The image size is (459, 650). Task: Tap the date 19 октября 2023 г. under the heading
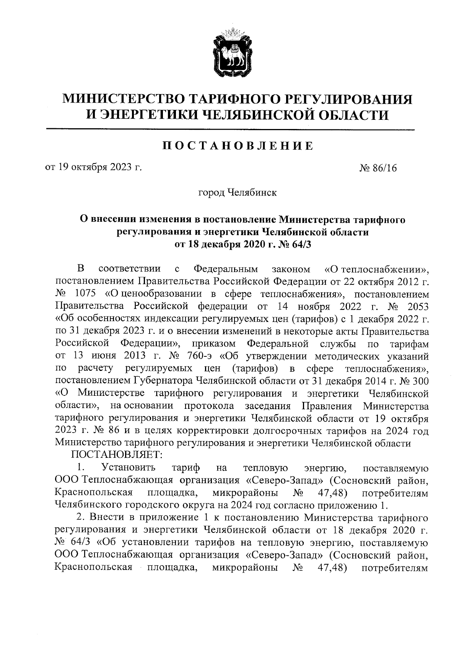(93, 167)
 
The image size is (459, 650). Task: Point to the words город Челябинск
(237, 192)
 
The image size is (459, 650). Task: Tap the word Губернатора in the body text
(165, 381)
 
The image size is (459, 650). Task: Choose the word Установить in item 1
(129, 468)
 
